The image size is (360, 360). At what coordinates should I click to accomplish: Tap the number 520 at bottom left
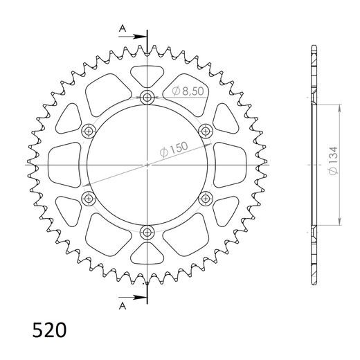click(49, 328)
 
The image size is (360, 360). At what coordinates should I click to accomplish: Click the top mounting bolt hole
click(147, 98)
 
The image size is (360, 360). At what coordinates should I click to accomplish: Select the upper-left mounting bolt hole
click(89, 132)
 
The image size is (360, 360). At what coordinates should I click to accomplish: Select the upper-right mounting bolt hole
click(206, 131)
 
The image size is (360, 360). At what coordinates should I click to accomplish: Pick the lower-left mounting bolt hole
click(89, 199)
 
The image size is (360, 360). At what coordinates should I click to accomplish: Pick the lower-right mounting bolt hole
click(206, 199)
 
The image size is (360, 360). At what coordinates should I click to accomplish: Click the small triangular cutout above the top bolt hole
click(147, 73)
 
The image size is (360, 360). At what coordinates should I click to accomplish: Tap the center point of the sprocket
click(147, 165)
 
